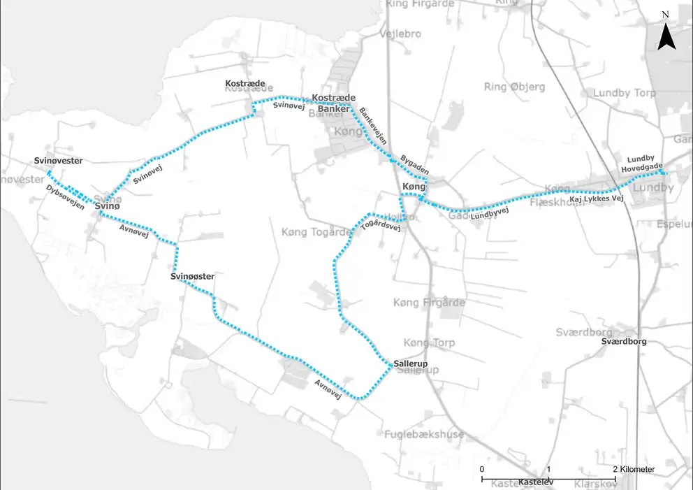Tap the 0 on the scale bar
coord(482,469)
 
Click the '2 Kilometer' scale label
coord(634,469)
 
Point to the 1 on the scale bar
coord(549,469)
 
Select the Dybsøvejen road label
coord(66,197)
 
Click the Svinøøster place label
coord(192,277)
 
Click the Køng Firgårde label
coord(429,303)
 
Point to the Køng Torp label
coord(429,343)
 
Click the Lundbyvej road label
coord(490,215)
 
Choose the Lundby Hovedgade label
coord(641,163)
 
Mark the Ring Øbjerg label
coord(514,87)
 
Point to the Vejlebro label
coord(402,34)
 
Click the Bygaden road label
coord(414,165)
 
